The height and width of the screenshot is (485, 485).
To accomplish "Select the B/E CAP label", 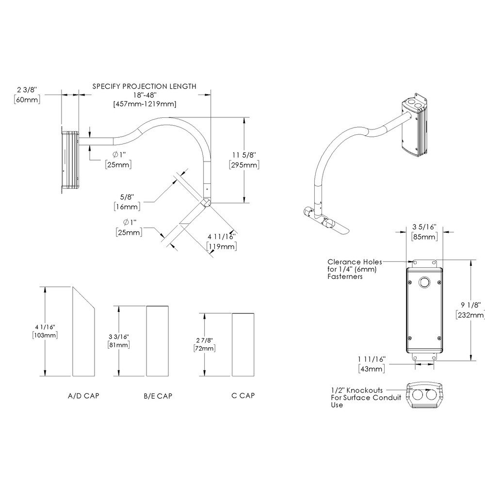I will click(158, 396).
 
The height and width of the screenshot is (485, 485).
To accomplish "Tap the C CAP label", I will click(243, 396).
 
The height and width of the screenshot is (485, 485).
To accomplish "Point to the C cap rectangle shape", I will click(243, 344).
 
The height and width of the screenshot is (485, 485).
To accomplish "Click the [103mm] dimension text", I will click(45, 335).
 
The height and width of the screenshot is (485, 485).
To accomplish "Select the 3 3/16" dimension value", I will click(118, 336).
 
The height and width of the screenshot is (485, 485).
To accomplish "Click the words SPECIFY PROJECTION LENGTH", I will click(144, 86).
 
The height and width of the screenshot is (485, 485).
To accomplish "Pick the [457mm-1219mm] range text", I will click(144, 104).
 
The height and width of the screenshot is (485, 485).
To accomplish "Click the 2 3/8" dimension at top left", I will click(27, 90).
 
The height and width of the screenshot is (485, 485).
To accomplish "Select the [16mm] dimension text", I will click(128, 207).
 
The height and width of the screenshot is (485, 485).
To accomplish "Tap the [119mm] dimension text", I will click(222, 247).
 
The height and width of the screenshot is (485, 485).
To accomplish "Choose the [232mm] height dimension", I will click(470, 315).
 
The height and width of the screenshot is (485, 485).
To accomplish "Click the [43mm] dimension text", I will click(372, 369).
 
